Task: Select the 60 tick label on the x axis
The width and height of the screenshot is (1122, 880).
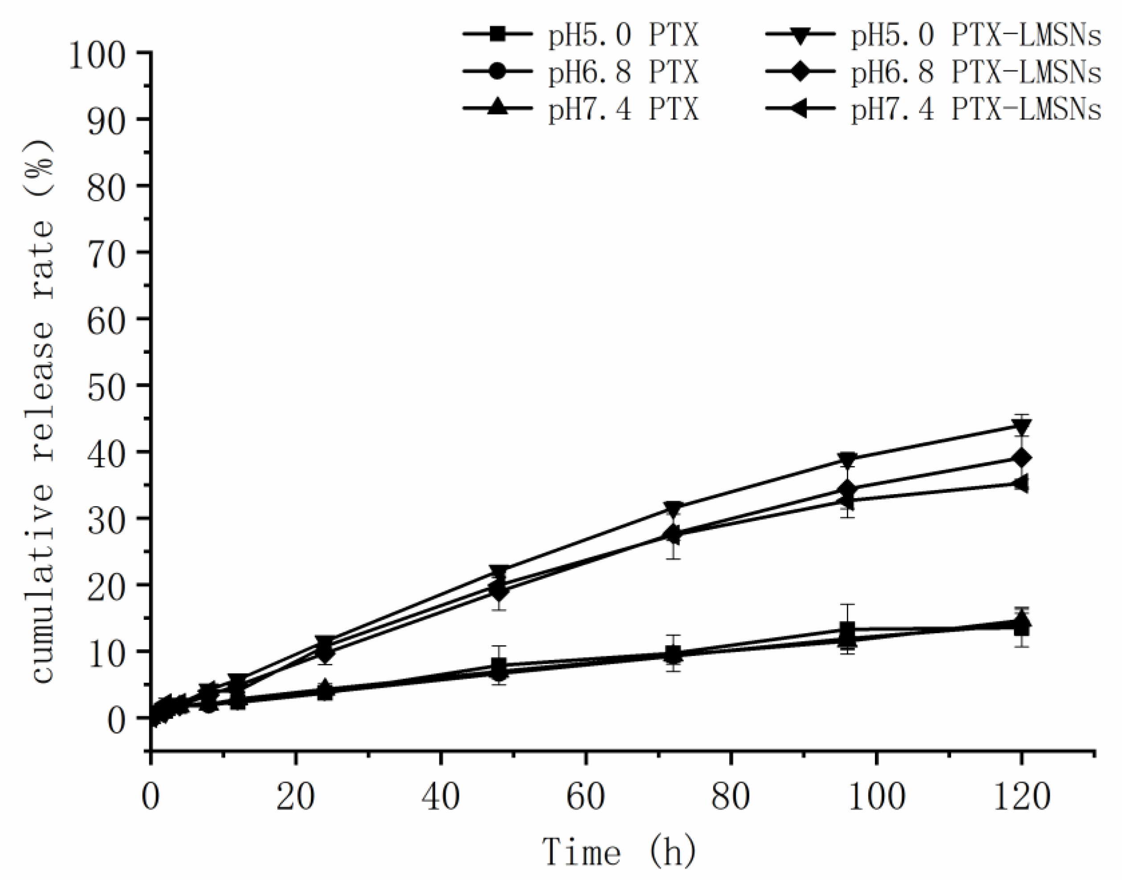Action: (586, 796)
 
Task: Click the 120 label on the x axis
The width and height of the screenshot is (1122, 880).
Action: (1021, 796)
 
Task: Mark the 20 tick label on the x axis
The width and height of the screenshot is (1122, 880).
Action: (296, 796)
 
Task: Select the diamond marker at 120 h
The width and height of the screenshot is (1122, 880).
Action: (1021, 458)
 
